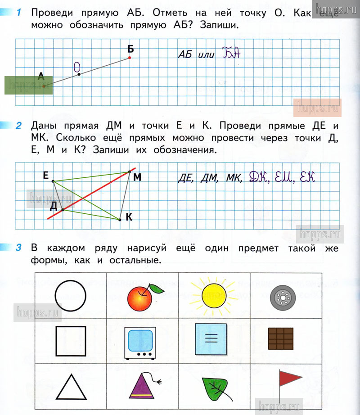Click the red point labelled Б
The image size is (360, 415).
coord(130,58)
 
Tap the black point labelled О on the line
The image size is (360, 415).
coord(79,74)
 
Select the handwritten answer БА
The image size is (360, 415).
coord(232,54)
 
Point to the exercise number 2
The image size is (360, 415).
coord(18,126)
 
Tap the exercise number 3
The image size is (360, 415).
coord(18,248)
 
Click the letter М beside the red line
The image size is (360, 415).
coord(137,178)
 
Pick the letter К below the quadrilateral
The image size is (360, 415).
coord(129,217)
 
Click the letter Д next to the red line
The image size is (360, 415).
coord(54,206)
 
